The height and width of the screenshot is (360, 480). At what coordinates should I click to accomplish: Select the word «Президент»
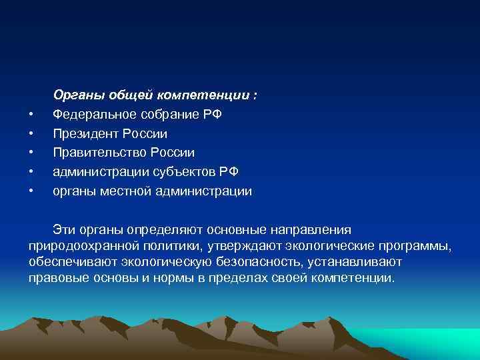[x=83, y=134]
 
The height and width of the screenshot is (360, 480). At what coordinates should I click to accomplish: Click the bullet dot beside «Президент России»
[x=31, y=135]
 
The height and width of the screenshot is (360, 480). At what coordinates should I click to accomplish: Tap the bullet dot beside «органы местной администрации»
[x=31, y=192]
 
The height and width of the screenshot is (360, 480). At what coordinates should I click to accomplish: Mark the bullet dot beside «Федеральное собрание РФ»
[x=31, y=115]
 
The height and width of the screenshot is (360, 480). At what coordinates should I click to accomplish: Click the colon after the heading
[x=255, y=96]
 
